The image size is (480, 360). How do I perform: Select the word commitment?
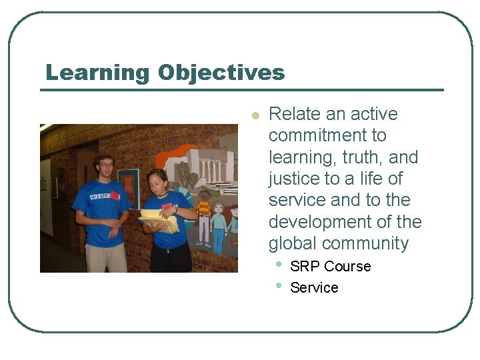327,136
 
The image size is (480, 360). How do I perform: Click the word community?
370,243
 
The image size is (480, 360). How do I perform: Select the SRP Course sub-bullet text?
330,267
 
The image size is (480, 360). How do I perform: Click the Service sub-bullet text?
314,288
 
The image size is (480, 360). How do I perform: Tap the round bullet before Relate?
254,115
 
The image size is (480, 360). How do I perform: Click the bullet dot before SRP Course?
277,265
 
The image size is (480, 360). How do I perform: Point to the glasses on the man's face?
106,165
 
